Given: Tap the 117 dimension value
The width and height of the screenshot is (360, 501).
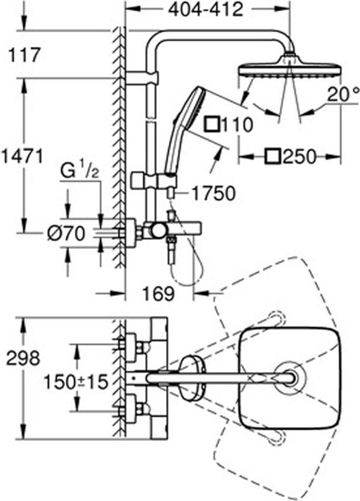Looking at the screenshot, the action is [x=24, y=55].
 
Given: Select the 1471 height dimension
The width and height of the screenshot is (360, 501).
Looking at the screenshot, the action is [x=22, y=157].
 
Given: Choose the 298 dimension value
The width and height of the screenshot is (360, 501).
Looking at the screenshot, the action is [x=23, y=359].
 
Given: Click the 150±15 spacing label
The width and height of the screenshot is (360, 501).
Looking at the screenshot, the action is [x=76, y=382].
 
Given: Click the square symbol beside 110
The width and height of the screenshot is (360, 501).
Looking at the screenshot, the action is [x=212, y=124].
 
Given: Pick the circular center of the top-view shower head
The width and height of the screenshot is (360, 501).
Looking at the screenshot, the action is [x=291, y=378].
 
